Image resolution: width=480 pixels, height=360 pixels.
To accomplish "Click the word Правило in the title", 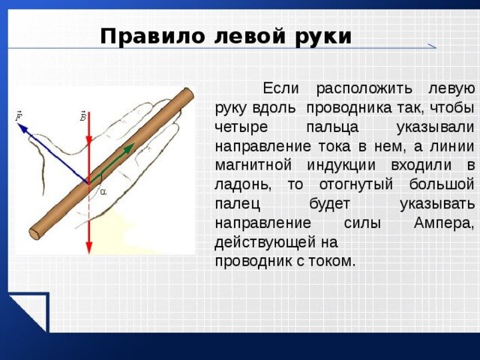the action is point(152,37).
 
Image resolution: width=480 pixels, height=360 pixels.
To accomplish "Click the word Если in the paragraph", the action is point(280,88).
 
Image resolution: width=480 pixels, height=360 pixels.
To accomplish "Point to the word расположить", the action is point(364,89).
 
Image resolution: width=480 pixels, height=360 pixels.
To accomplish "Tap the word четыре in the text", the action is point(241,127).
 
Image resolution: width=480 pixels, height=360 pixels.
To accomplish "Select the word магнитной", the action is point(253,166).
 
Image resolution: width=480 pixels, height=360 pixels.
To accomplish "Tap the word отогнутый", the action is point(355,185).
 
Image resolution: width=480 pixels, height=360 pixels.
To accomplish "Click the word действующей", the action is point(265,242).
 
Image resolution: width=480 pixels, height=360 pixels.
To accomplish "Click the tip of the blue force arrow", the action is point(19,124).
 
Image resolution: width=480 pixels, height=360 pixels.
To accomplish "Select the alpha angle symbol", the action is point(103,193).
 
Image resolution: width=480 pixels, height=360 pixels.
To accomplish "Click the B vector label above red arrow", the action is point(83,116).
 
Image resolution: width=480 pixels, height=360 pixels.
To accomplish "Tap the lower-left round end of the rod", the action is point(35,233).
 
